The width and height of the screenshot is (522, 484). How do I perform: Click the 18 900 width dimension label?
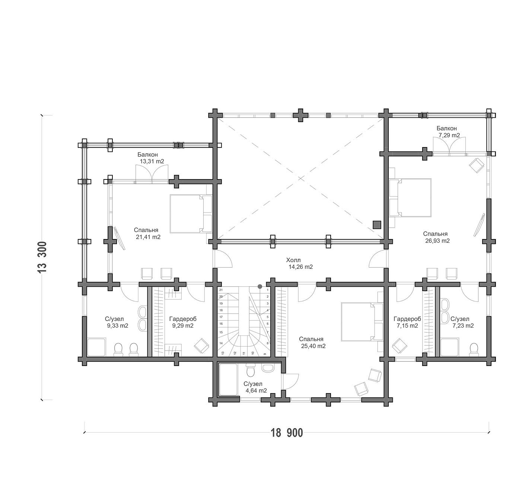pyautogui.click(x=287, y=433)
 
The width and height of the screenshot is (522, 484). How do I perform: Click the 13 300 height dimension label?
pyautogui.click(x=42, y=257)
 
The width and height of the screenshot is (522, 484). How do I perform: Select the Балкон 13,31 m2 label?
pyautogui.click(x=150, y=158)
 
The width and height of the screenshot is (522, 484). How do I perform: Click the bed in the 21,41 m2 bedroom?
pyautogui.click(x=191, y=214)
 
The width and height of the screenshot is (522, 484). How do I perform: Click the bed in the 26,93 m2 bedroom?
pyautogui.click(x=410, y=197)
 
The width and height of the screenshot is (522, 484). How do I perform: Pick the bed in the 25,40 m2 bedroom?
pyautogui.click(x=362, y=322)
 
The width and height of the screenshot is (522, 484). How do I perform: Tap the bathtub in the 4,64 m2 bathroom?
pyautogui.click(x=228, y=379)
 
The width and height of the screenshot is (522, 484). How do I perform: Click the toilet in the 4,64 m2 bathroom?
pyautogui.click(x=251, y=370)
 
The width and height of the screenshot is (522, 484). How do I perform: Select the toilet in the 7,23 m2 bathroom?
pyautogui.click(x=474, y=349)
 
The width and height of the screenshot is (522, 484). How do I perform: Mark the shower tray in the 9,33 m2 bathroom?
pyautogui.click(x=96, y=347)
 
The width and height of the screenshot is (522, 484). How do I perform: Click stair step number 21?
pyautogui.click(x=221, y=290)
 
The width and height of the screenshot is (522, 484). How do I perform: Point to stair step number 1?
pyautogui.click(x=268, y=290)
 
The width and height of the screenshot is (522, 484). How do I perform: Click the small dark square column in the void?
pyautogui.click(x=377, y=225)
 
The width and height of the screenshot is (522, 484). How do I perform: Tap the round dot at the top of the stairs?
pyautogui.click(x=260, y=286)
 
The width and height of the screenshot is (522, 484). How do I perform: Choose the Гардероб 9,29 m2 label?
pyautogui.click(x=183, y=322)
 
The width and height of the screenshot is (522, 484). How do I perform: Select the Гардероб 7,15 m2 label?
pyautogui.click(x=407, y=322)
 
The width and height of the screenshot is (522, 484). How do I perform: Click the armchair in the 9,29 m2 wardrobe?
pyautogui.click(x=201, y=346)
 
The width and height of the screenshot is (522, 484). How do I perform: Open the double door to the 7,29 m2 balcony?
pyautogui.click(x=449, y=146)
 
